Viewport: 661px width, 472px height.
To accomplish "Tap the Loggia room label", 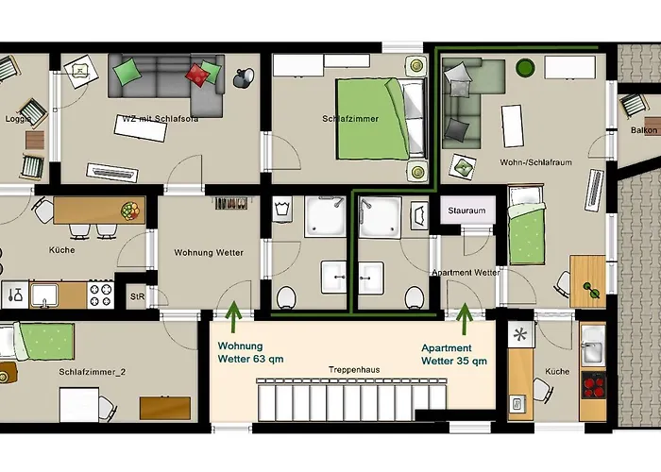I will pos(20,120).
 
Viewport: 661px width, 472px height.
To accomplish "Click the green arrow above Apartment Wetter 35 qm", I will pos(464,319).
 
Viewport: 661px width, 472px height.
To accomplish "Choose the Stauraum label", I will pos(466,211).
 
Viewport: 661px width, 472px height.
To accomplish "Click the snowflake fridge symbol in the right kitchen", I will pos(518,335).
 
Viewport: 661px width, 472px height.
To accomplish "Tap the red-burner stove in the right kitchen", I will pos(592,385).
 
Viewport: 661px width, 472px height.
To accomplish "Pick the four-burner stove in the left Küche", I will pos(100,295).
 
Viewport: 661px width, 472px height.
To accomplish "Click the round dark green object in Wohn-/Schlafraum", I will pos(526,68).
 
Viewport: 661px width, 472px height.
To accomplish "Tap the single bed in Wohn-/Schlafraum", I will pos(526,227).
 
